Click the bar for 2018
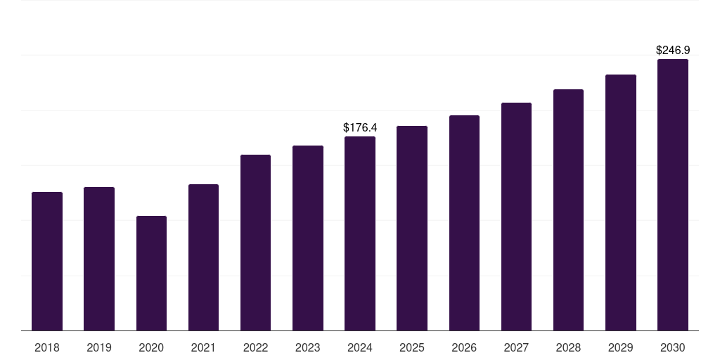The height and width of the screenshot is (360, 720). tap(47, 261)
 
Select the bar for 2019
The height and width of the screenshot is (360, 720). tap(99, 259)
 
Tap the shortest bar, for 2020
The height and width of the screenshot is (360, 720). tap(151, 273)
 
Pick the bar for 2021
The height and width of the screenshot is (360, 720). tap(203, 257)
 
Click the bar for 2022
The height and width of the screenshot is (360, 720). tap(255, 243)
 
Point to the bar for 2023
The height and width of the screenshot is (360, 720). tap(308, 238)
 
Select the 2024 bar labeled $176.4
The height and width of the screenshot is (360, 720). tap(360, 233)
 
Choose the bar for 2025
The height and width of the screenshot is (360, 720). tap(412, 228)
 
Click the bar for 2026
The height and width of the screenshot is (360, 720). tap(464, 223)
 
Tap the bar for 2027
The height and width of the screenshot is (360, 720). tap(516, 217)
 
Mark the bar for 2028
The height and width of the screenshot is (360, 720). tap(568, 210)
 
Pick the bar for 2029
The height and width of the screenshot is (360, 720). tap(621, 202)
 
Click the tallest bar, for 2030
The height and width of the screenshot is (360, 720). tap(673, 195)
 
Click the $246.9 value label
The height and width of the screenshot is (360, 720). tap(673, 51)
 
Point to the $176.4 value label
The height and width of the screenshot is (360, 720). tap(360, 127)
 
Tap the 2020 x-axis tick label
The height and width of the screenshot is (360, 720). tap(151, 347)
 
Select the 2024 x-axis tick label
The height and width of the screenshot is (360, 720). tap(360, 347)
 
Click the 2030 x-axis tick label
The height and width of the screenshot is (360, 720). tap(673, 347)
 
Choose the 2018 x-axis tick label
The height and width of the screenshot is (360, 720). tap(47, 347)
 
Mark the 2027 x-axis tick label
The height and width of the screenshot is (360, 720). tap(516, 347)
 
